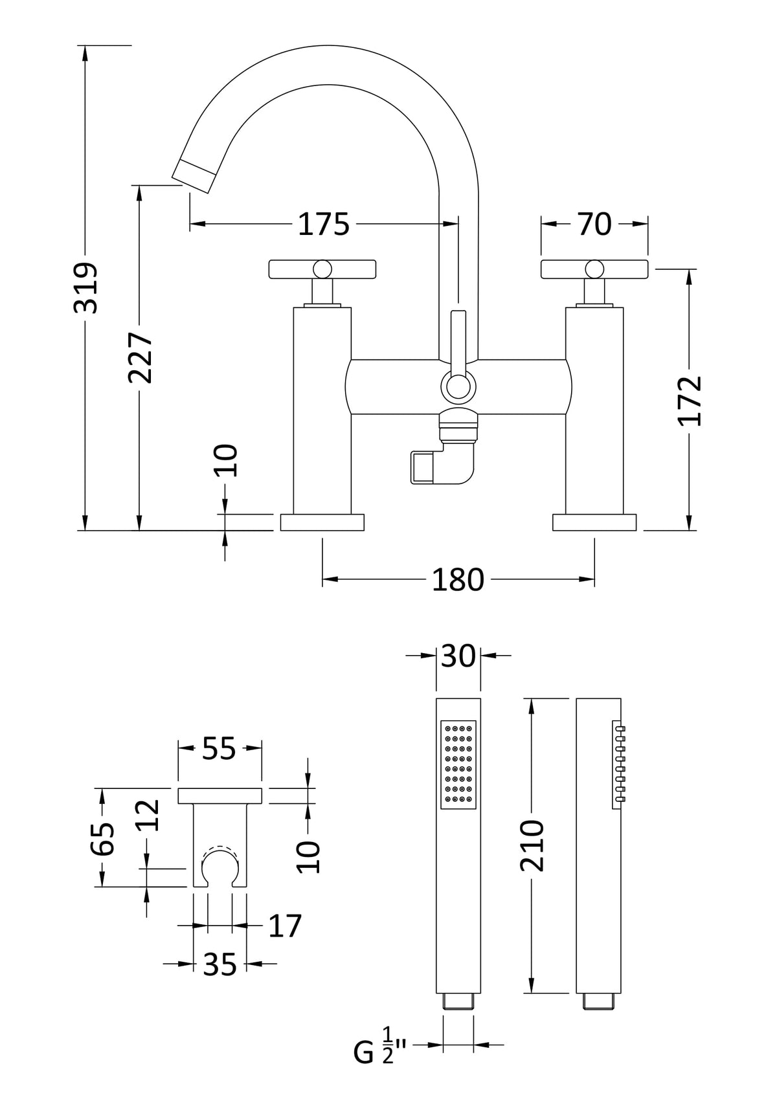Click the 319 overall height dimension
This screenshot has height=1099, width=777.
click(x=85, y=287)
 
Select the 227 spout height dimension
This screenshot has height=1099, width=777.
click(x=140, y=357)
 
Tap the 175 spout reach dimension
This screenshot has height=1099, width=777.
click(x=323, y=224)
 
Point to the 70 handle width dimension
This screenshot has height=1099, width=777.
click(x=594, y=224)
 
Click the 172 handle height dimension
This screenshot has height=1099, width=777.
click(x=690, y=400)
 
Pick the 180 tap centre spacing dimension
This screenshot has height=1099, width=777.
click(x=457, y=579)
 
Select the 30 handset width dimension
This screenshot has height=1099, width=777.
click(x=458, y=656)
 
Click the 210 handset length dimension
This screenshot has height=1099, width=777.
click(x=532, y=845)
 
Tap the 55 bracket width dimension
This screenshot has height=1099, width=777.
click(x=219, y=749)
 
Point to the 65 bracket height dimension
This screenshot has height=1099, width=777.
click(x=102, y=838)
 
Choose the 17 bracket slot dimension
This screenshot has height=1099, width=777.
click(x=285, y=926)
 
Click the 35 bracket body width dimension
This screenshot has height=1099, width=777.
click(x=220, y=965)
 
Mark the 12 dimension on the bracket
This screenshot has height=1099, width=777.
click(x=148, y=815)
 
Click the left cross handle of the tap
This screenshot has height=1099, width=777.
click(x=322, y=267)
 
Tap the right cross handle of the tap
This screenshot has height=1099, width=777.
click(x=594, y=267)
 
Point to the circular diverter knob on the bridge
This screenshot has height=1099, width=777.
click(x=458, y=388)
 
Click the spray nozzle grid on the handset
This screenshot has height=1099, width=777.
click(x=458, y=764)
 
